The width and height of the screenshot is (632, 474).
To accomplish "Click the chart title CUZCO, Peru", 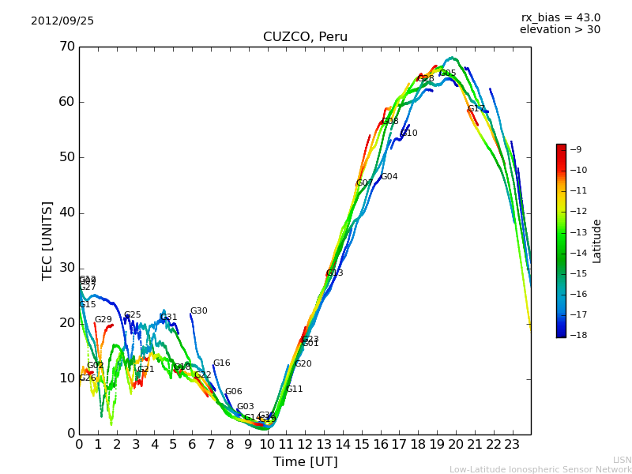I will tap(305, 37).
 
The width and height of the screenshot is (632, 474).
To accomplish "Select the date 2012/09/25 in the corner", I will tap(62, 21).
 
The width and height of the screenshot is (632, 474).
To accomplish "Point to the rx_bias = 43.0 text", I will tap(560, 18).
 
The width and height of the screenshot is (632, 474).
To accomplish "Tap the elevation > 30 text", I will tap(559, 30).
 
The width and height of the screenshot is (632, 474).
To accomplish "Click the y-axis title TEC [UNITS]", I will tap(47, 240).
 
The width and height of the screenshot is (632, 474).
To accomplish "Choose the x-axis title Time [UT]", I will tap(305, 462).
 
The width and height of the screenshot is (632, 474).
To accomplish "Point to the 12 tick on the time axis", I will tap(305, 444).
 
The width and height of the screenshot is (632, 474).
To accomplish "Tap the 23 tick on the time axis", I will tap(512, 444).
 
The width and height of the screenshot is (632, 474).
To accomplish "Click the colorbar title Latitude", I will tap(597, 241).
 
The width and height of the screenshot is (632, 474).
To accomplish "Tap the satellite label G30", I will tap(198, 311).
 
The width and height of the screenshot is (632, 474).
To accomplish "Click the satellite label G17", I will tap(476, 109).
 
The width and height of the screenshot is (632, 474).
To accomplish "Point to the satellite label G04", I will tap(389, 177).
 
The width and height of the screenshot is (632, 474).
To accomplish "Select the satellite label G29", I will tap(103, 320).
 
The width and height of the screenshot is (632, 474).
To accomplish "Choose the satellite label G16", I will tap(221, 363).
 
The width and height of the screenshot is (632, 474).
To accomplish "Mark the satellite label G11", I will tap(294, 389).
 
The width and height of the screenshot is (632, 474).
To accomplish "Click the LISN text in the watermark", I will tap(622, 460).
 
